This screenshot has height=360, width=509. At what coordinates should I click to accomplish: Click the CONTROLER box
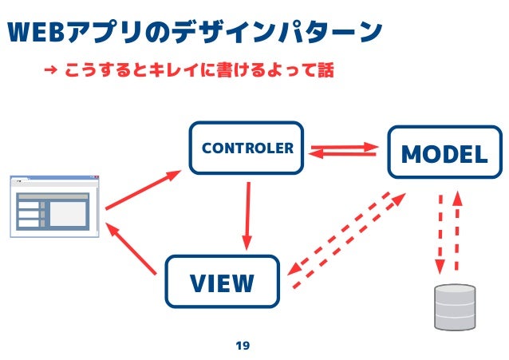pyautogui.click(x=247, y=148)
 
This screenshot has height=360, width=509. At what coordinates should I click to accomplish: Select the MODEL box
pyautogui.click(x=444, y=154)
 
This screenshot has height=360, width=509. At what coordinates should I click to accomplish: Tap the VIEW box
pyautogui.click(x=222, y=282)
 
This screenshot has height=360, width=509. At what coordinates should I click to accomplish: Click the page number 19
pyautogui.click(x=243, y=346)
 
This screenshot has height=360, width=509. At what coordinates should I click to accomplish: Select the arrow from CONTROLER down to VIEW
pyautogui.click(x=247, y=214)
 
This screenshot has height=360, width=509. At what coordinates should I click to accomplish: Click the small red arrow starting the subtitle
pyautogui.click(x=50, y=71)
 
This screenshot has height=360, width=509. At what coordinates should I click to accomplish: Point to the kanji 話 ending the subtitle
pyautogui.click(x=323, y=70)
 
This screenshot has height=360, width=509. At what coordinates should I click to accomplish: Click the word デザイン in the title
pyautogui.click(x=237, y=33)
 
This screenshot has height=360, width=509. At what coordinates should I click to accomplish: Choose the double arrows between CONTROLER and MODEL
pyautogui.click(x=342, y=150)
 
